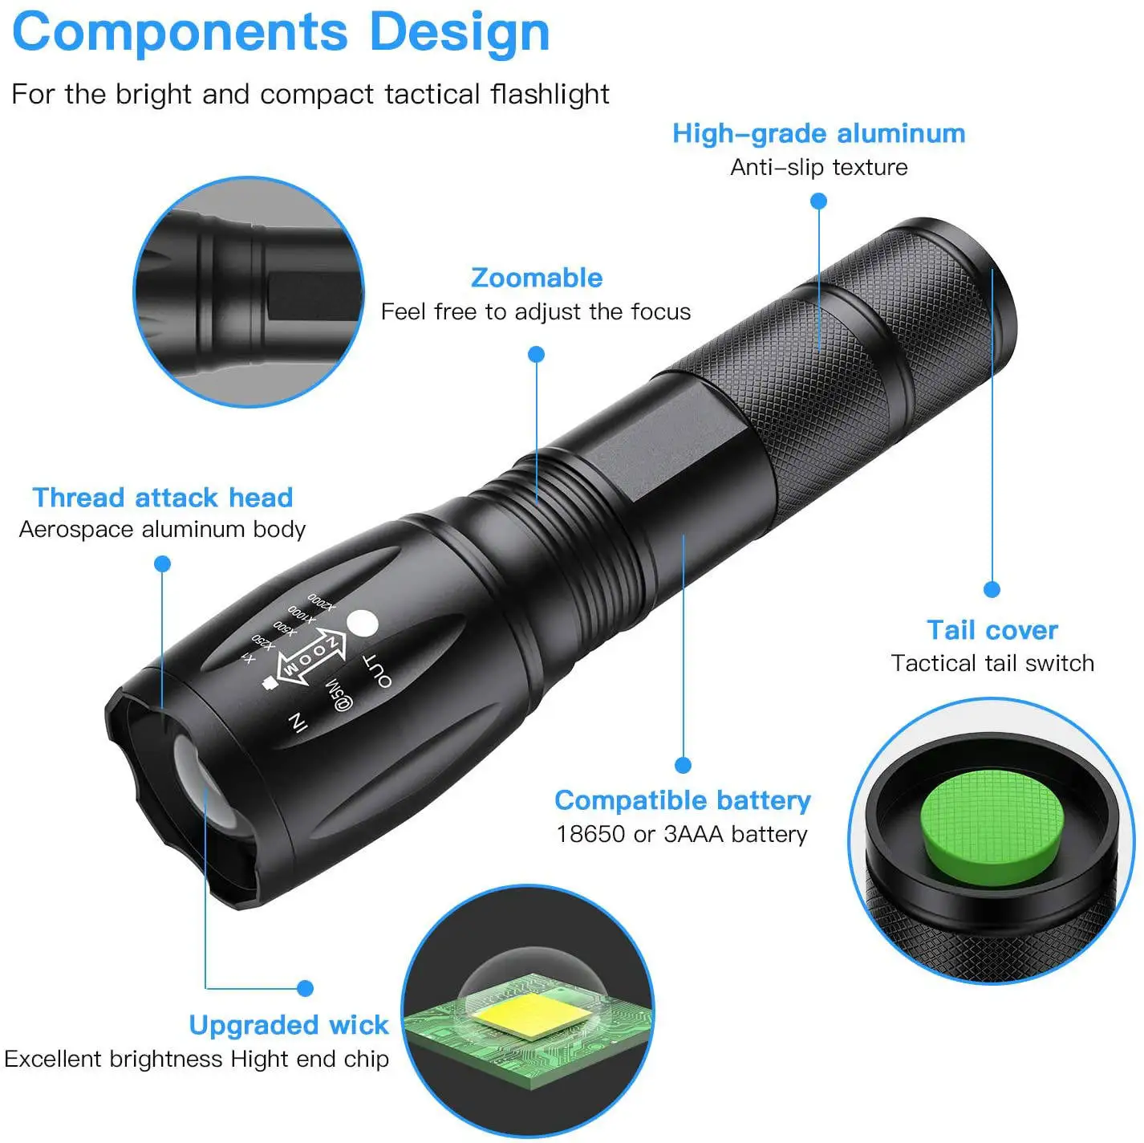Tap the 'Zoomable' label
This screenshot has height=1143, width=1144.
coord(537,278)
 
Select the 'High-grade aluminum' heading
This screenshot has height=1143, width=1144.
coord(818,133)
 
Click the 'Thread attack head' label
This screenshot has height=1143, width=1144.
coord(163,498)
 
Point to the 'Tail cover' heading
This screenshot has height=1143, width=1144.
coord(992,630)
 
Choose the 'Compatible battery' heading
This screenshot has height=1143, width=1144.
coord(683,800)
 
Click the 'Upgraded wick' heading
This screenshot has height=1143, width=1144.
coord(289,1025)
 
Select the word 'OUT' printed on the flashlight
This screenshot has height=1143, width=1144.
coord(378,671)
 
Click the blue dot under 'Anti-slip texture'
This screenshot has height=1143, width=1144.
coord(818,201)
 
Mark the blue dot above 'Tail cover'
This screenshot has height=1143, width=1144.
coord(992,590)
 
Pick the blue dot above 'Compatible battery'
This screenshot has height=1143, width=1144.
coord(683,765)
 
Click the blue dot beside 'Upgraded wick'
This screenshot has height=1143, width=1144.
coord(305,988)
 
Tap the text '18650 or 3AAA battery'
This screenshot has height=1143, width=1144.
coord(682,835)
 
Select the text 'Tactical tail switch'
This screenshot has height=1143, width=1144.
coord(992,664)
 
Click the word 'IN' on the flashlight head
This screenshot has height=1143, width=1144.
coord(298,722)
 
